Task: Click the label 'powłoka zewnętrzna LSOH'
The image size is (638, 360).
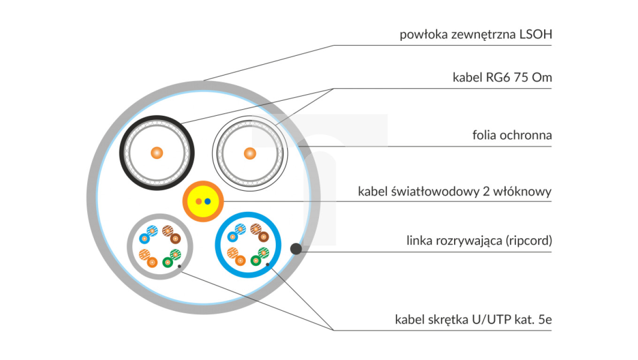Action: [x=476, y=35]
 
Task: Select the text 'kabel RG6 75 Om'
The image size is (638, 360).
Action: [x=502, y=78]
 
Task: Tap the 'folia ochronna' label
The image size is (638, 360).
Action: [x=512, y=136]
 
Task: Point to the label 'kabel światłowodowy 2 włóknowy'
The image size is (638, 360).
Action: [x=455, y=192]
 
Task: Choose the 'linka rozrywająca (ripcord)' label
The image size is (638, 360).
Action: [x=479, y=241]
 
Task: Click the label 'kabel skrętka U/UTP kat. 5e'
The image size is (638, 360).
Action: [x=473, y=320]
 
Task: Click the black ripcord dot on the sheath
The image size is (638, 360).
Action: [x=296, y=249]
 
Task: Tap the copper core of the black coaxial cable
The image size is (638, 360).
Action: [x=157, y=153]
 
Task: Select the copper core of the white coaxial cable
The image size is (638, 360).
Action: [x=250, y=153]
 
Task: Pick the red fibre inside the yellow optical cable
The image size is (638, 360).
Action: [x=199, y=202]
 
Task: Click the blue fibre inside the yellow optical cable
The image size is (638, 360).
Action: [x=208, y=202]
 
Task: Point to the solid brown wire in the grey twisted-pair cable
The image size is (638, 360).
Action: [x=175, y=239]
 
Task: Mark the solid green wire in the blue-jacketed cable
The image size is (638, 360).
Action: [x=256, y=261]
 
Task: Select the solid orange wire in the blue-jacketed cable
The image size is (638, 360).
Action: [x=240, y=260]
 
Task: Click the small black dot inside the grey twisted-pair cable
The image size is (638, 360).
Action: [x=180, y=268]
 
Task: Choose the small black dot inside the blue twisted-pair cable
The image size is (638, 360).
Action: [x=268, y=265]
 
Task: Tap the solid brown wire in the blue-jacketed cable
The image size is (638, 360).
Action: [x=263, y=238]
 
